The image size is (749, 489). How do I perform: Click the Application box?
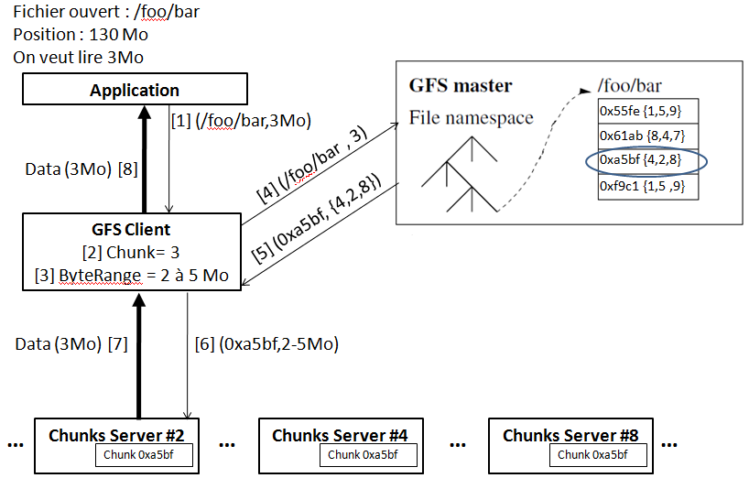point(135,90)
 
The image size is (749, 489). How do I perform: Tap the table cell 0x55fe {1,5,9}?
point(641,111)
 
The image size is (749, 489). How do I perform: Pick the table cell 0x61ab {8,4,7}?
point(642,136)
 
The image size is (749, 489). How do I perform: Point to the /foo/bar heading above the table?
point(629,85)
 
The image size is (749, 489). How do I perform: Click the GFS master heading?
point(460,86)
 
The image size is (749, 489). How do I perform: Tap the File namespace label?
point(471,117)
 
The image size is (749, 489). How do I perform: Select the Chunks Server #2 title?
point(117,435)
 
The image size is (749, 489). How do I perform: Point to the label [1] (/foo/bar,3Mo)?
point(242,120)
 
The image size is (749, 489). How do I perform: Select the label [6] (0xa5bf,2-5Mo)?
point(266,344)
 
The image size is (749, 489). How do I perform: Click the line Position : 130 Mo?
point(81,35)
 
